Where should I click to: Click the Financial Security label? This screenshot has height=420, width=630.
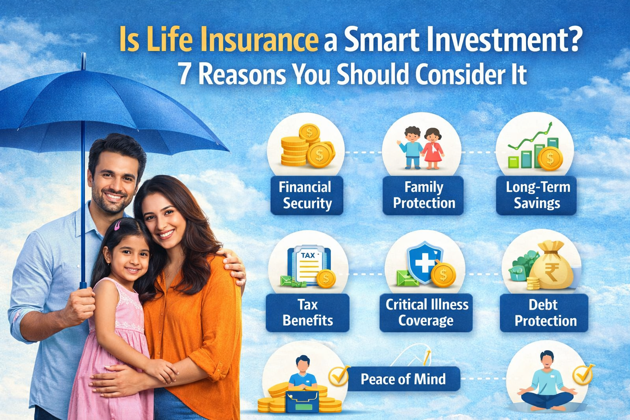click(x=306, y=195)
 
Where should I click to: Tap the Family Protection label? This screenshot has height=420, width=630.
click(x=423, y=195)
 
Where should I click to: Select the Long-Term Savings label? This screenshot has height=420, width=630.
click(x=537, y=195)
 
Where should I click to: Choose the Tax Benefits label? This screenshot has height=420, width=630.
click(x=307, y=313)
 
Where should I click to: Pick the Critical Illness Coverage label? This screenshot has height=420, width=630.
click(x=426, y=313)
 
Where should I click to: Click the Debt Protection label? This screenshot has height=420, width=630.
click(x=544, y=313)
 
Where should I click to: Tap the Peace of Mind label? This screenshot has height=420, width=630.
click(x=403, y=379)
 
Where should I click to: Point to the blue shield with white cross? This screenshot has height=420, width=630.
click(x=424, y=263)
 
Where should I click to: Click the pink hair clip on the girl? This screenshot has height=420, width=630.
click(x=117, y=225)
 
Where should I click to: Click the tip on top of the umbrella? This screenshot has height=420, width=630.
click(x=83, y=61)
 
